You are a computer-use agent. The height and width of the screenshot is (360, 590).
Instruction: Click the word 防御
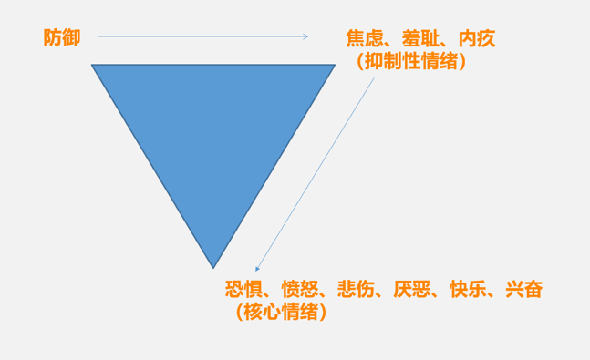coord(62,37)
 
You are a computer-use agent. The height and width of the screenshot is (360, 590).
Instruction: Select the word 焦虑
coord(363,38)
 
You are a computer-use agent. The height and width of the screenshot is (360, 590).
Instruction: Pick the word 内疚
coord(477,38)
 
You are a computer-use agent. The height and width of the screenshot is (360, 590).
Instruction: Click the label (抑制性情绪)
coord(412,62)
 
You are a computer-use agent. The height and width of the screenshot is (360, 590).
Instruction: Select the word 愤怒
coord(300,290)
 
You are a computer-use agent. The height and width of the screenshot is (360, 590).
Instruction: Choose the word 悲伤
coord(357,290)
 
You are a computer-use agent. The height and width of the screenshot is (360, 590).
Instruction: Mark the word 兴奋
coord(523,290)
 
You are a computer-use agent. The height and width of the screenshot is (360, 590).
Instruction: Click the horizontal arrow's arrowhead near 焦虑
coord(305,37)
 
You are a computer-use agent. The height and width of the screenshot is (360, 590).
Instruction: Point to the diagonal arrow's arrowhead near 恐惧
coord(258,269)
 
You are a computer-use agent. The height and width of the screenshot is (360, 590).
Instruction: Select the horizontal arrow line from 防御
coord(201,37)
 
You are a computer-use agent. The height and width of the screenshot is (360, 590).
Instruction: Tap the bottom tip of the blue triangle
coord(213,266)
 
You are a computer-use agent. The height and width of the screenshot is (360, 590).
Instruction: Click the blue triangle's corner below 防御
coord(94,66)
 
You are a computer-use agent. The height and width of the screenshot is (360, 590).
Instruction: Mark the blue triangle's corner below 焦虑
coord(333,66)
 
